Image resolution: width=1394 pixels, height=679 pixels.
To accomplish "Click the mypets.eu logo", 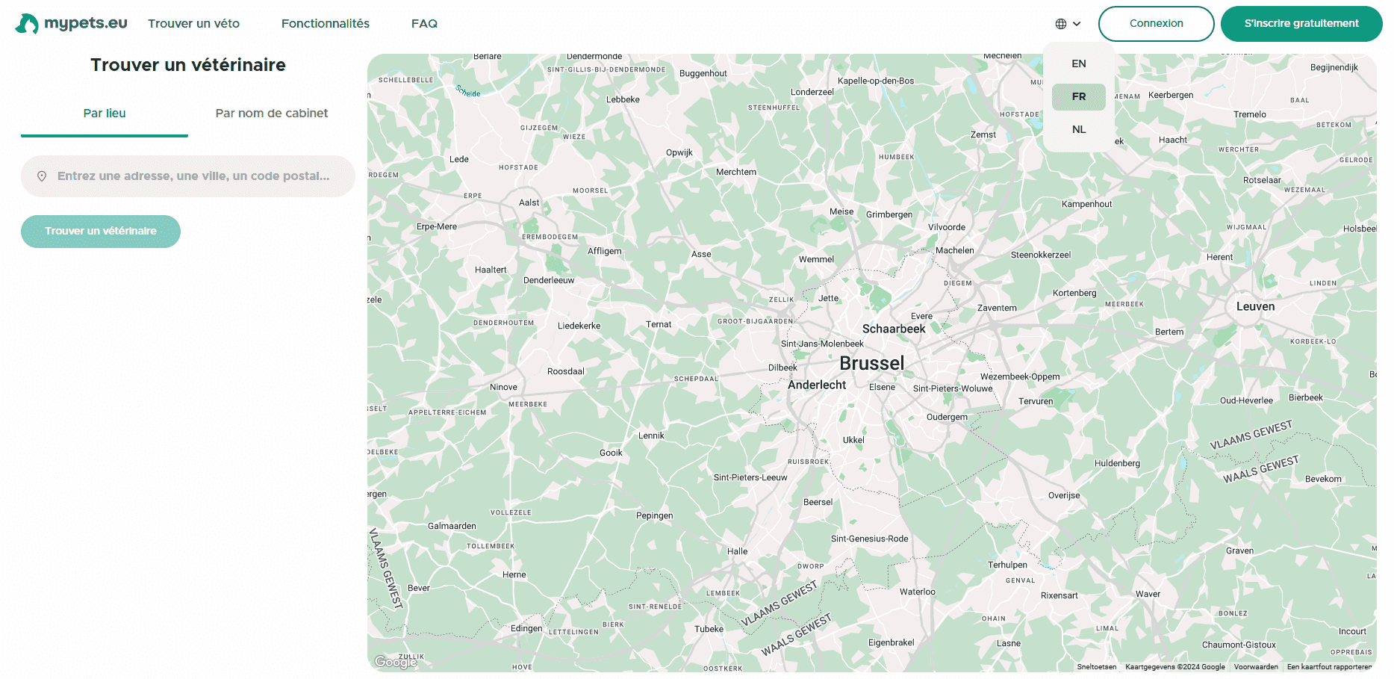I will point(72,24).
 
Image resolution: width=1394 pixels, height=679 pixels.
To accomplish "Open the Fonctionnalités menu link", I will point(325,24).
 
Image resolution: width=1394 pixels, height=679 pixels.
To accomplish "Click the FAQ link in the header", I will point(424,24).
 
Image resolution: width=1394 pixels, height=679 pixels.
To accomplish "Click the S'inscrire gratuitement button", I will point(1301,24).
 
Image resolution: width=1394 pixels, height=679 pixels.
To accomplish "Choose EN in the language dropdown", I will point(1078,64).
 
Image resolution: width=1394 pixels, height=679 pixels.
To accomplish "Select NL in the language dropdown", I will point(1078,130).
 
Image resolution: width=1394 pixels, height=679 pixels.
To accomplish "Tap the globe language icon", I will point(1061,24).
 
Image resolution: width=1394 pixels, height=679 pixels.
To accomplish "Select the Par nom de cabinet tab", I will point(271,114).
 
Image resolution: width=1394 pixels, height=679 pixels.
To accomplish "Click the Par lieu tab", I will point(105,114).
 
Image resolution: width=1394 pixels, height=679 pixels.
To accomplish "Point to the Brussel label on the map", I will point(871,364).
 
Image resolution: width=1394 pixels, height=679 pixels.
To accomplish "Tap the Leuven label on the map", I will point(1255,307).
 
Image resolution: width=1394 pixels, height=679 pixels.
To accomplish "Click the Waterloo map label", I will point(917,592).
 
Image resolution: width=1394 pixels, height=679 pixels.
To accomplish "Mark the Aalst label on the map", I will point(529,203).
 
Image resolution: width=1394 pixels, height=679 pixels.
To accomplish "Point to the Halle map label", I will point(737,552).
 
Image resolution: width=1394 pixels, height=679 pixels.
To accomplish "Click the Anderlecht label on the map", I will point(817,385).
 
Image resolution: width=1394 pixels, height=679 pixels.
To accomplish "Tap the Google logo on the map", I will point(395,662).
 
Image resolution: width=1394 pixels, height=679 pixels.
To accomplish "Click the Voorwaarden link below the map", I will point(1255,667).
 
